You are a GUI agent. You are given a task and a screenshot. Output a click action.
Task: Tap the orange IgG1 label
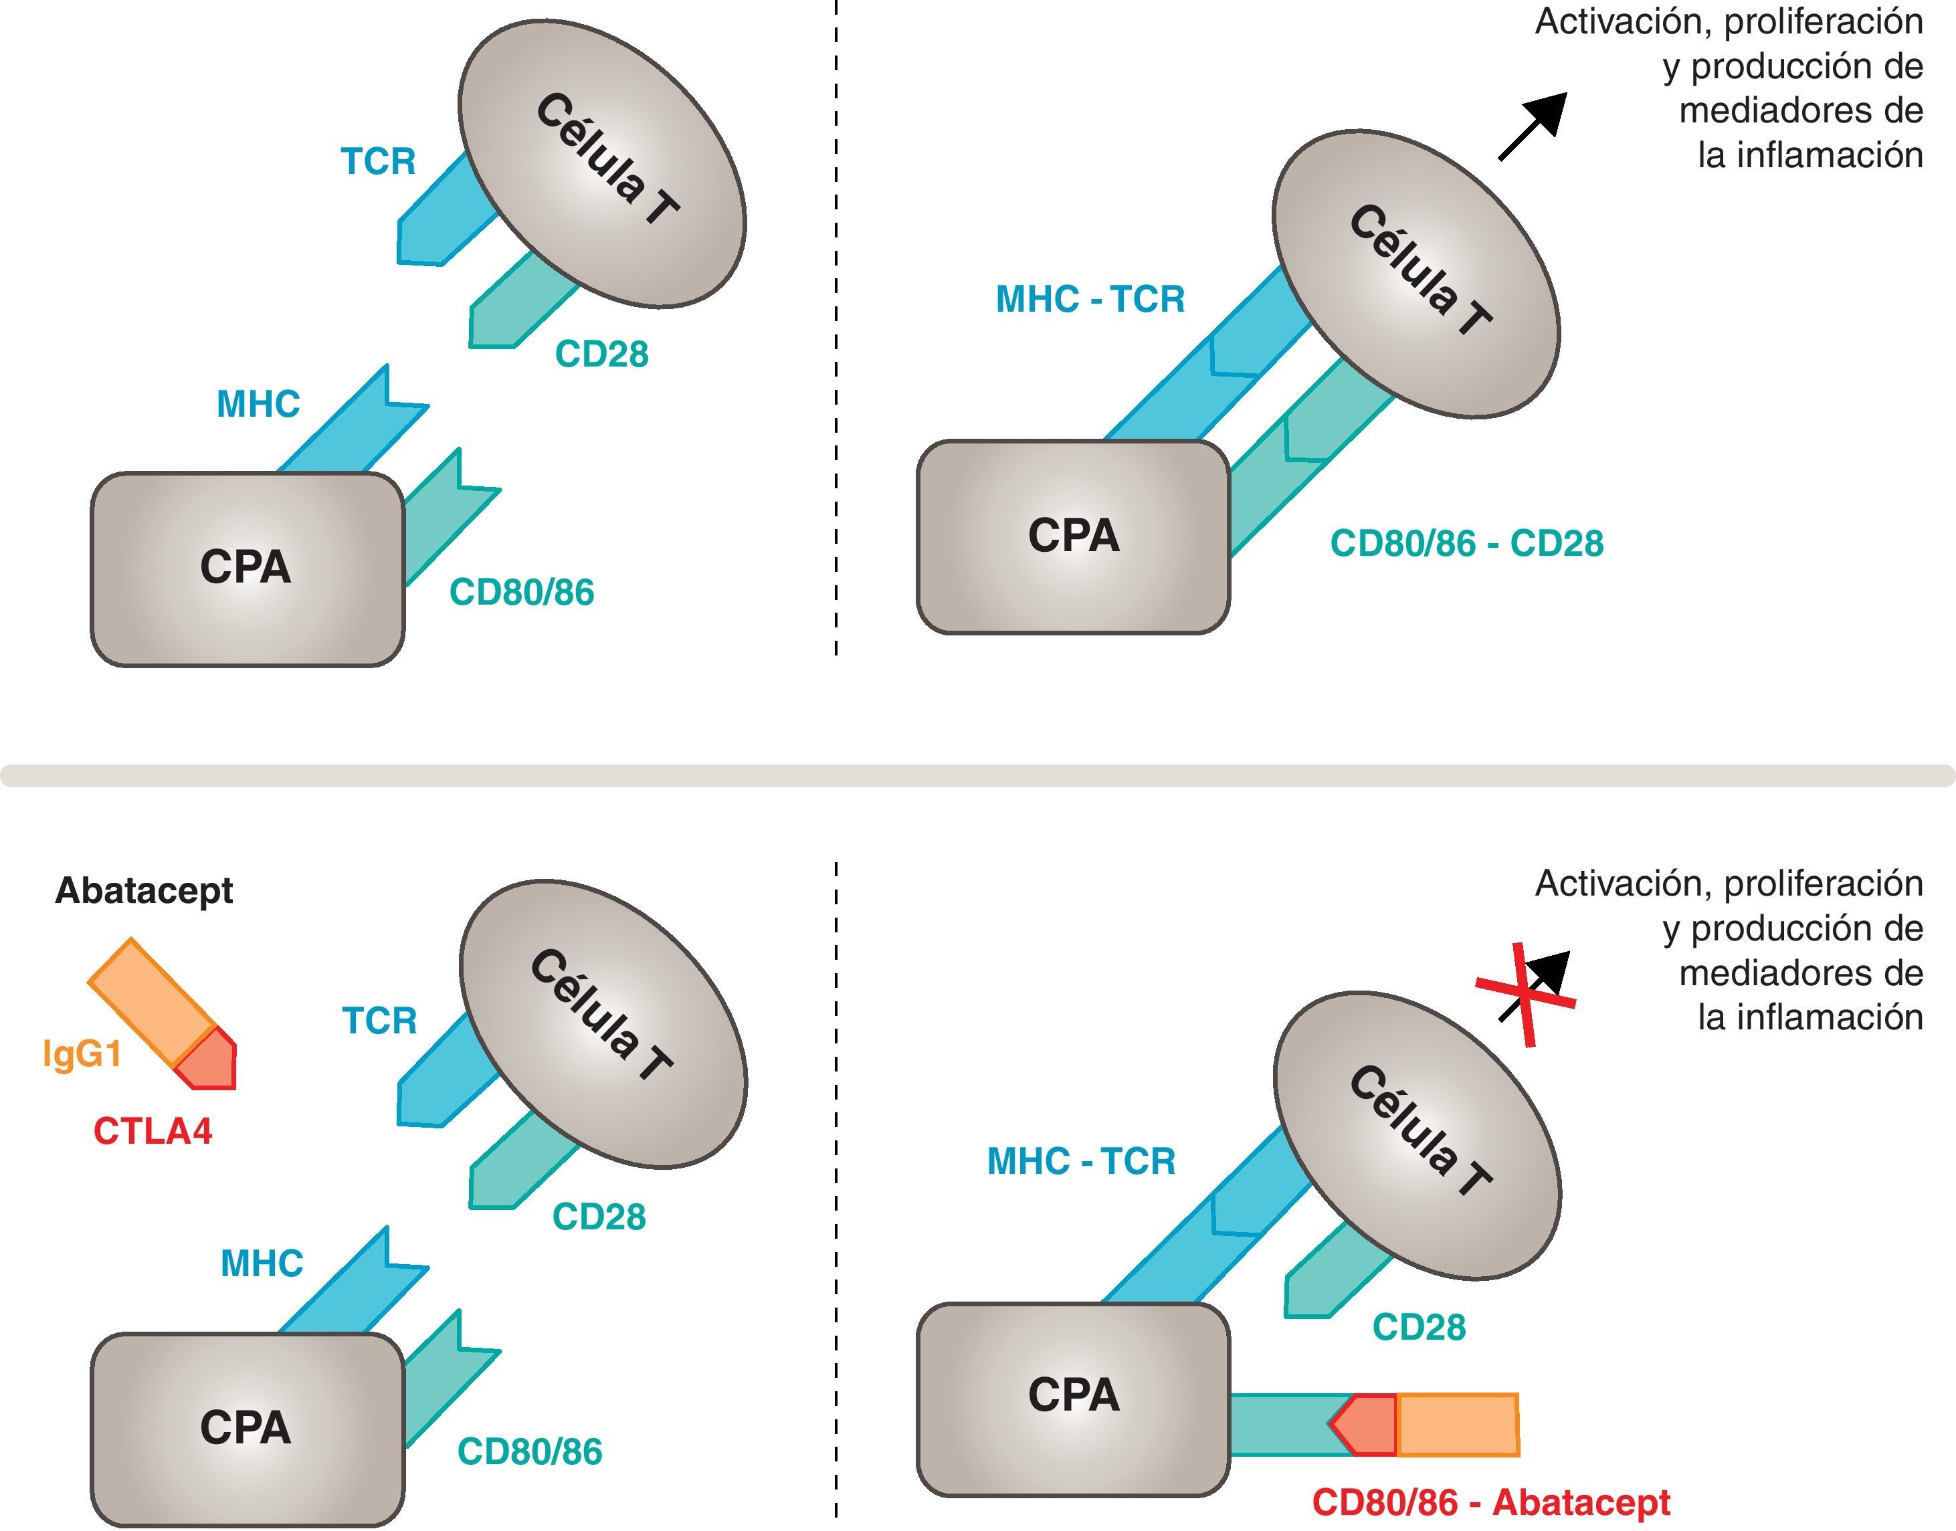point(82,1053)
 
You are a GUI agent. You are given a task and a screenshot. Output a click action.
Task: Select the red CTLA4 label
point(153,1131)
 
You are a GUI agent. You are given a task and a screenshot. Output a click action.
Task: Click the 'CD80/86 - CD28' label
point(1466,543)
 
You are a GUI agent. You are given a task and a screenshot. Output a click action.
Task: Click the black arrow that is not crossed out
point(1535,126)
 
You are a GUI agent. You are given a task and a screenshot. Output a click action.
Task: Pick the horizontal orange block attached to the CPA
point(1458,1425)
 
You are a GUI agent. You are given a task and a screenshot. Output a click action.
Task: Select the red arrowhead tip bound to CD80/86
point(1365,1425)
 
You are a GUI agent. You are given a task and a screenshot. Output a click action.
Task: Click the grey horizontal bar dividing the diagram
point(977,775)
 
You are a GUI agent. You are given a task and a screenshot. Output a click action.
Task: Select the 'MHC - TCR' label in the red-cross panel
point(1081,1162)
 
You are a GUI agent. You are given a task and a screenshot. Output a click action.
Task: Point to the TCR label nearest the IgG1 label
point(379,1021)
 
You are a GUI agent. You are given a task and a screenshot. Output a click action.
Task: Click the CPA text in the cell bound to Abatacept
point(1073,1395)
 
